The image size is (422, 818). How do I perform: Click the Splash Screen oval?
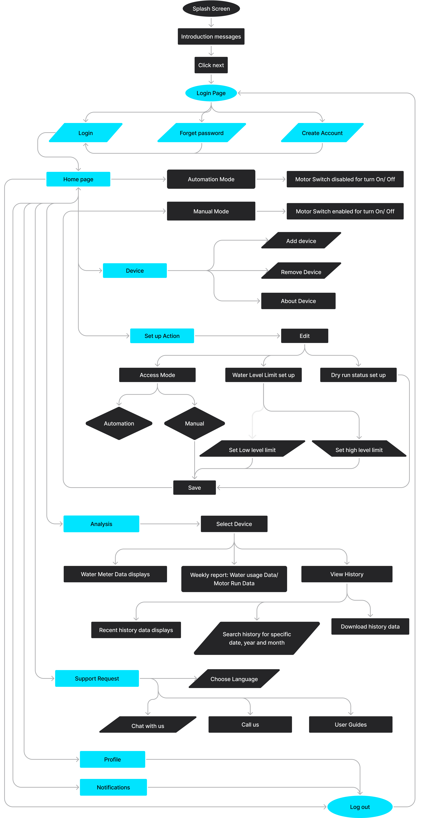coord(211,9)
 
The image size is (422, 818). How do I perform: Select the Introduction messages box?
coord(211,37)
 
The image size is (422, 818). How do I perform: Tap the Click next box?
coord(211,65)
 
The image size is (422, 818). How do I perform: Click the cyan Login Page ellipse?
coord(211,93)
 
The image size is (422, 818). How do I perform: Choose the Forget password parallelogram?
coord(201,133)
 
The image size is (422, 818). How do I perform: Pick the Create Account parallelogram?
coord(322,133)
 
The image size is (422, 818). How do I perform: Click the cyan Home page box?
coord(78,179)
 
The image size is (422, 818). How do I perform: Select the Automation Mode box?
coord(211,179)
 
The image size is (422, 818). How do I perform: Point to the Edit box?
coord(304,336)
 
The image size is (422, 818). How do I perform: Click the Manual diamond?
coord(195,423)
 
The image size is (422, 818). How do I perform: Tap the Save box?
coord(195,487)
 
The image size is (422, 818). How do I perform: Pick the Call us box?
coord(250,724)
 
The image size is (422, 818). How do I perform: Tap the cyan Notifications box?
coord(113,787)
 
